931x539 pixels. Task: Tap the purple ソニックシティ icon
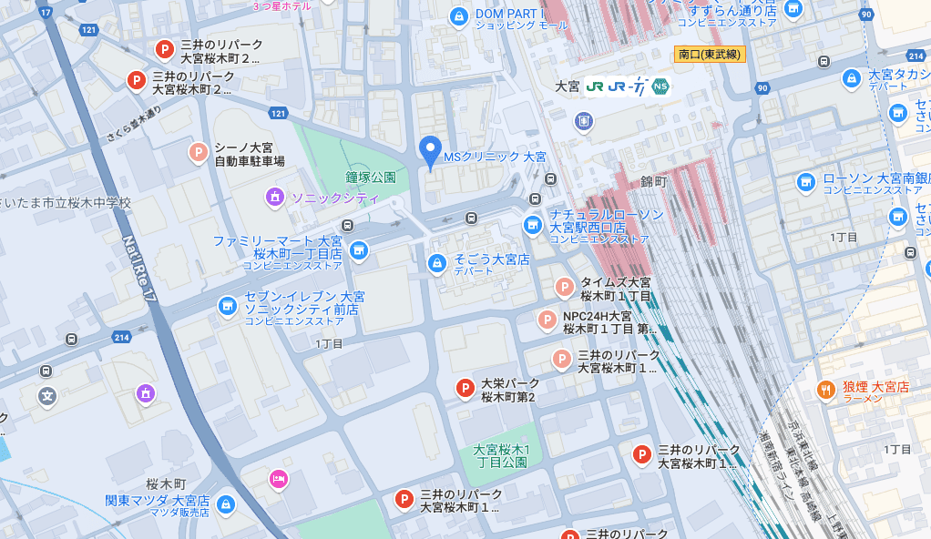coord(274,197)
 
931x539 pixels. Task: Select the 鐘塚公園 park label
coord(371,177)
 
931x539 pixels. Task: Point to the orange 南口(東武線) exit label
coord(711,55)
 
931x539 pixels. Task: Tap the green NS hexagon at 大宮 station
coord(660,86)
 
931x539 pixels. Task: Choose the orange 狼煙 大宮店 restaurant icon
coord(826,389)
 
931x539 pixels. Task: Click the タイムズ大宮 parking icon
coord(565,288)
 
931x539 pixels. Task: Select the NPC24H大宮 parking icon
coord(547,320)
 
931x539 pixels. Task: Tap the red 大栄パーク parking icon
coord(465,390)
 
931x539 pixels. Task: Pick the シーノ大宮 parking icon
coord(198,153)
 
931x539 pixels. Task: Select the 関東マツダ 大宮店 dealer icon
coord(226,504)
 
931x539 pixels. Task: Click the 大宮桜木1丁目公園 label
coord(501,456)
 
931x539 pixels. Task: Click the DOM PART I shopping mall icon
coord(461,15)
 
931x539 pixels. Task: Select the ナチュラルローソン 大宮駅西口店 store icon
coord(533,224)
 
